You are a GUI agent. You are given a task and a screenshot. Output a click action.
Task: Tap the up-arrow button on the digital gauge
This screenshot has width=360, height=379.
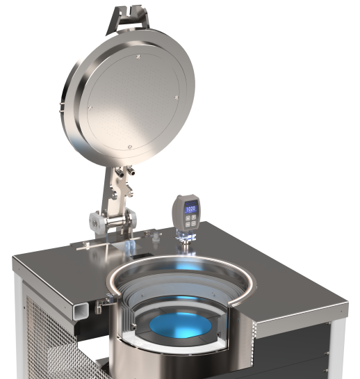[185, 217]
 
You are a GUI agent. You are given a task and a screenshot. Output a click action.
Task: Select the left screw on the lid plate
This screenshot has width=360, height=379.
[89, 107]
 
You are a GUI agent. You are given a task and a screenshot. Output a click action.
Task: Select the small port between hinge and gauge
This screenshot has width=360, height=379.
[157, 239]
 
